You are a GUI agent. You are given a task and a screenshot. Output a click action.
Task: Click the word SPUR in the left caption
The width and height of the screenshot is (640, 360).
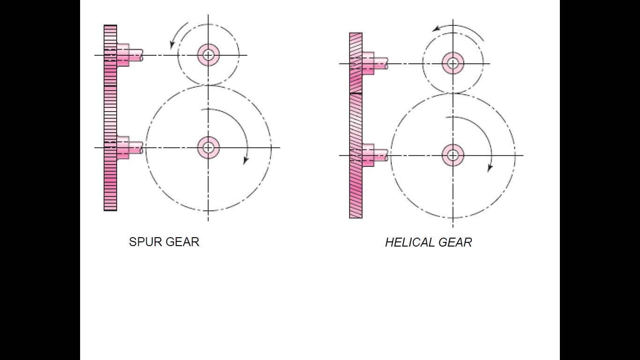point(142,242)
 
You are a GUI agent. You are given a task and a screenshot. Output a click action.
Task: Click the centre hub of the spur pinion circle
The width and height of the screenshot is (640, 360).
point(208,55)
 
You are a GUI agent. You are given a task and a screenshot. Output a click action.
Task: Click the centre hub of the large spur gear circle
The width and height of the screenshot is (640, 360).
point(208,148)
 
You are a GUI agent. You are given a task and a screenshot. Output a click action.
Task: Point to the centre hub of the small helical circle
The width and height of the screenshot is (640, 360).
point(453,63)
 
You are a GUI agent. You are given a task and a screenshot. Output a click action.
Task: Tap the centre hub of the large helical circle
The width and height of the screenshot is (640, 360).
point(453,155)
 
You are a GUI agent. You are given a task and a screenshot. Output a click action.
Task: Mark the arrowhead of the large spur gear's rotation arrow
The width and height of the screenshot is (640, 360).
point(245,161)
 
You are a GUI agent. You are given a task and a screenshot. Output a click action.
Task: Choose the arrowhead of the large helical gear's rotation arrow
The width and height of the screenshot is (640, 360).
point(490,168)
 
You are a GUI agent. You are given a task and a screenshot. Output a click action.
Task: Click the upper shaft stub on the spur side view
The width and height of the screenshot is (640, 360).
point(136,56)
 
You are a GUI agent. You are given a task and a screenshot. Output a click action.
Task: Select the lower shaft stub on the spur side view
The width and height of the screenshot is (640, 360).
point(136,148)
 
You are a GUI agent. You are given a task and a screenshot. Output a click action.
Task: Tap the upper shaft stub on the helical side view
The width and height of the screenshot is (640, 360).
point(380,63)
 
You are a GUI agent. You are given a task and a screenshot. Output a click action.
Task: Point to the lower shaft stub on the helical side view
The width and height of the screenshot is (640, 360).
point(380,155)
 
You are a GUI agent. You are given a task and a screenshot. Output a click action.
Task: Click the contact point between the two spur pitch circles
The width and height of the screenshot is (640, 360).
point(208,85)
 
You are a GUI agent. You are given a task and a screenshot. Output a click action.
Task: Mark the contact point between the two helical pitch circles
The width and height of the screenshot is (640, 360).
point(453,93)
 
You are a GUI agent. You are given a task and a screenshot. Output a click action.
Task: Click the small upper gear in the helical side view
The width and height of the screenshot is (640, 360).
point(356,63)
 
